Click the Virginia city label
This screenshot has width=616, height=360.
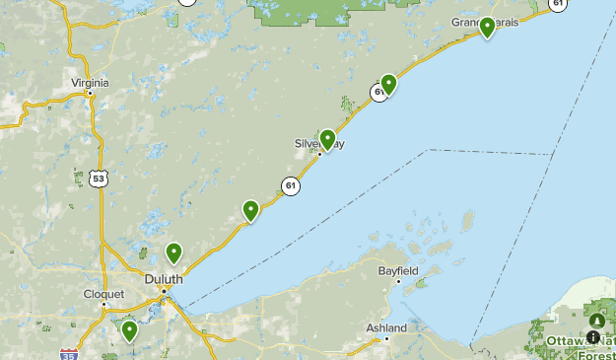(x=90, y=83)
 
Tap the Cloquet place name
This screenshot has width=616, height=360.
(x=103, y=294)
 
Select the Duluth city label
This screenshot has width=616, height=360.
(x=164, y=279)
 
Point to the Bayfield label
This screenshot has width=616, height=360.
(x=398, y=270)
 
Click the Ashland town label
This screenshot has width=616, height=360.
(x=386, y=327)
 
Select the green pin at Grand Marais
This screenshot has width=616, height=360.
(x=487, y=27)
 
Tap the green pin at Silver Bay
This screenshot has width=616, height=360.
(x=327, y=139)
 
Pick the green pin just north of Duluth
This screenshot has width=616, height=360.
(x=174, y=252)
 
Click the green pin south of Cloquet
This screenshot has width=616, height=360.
(x=129, y=329)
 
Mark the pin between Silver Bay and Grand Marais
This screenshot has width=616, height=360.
(x=388, y=84)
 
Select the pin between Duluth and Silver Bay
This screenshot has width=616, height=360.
(x=251, y=209)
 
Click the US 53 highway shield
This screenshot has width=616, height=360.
(x=96, y=178)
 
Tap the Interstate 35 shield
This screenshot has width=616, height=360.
(x=68, y=354)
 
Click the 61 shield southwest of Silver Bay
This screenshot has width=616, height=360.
(x=290, y=184)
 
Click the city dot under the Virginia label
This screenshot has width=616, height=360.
(x=91, y=93)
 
